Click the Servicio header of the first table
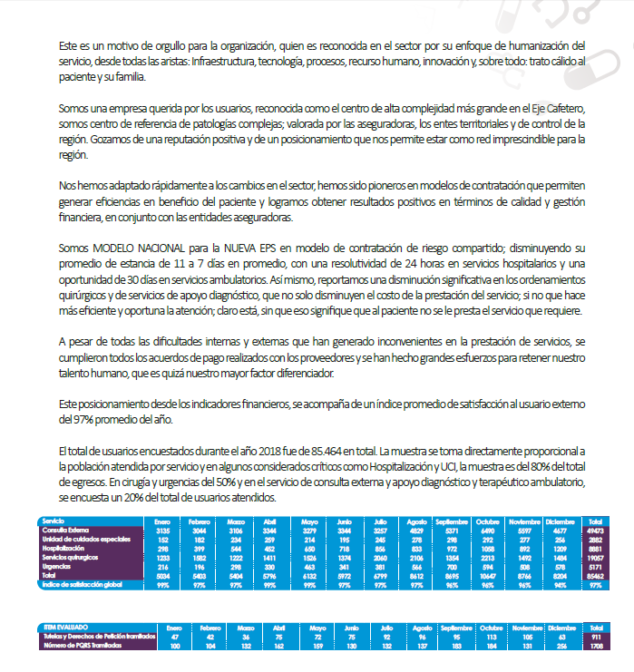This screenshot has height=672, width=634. [54, 521]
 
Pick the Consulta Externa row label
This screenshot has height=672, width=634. [65, 530]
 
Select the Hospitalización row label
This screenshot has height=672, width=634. [63, 549]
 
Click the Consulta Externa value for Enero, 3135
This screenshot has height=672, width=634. [162, 530]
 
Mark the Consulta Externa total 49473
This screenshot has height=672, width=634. [594, 530]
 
